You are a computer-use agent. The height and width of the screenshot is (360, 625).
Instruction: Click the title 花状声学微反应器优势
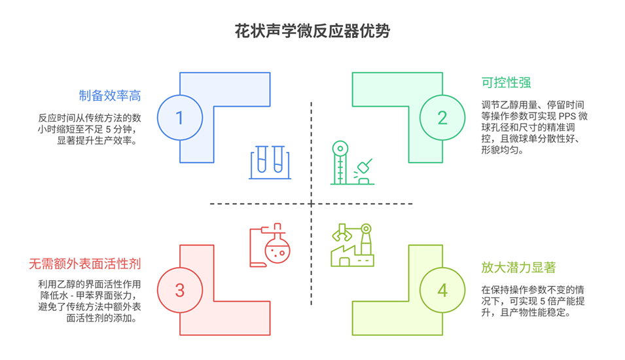[x=312, y=31]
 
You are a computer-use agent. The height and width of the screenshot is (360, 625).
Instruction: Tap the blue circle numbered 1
[x=180, y=117]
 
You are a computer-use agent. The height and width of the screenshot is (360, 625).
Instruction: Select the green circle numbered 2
[x=442, y=117]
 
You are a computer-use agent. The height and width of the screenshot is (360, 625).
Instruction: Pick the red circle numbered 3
[x=180, y=290]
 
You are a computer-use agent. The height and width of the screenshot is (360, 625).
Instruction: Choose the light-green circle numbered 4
[x=442, y=290]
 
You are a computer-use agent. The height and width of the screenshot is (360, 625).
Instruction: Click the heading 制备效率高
[x=110, y=96]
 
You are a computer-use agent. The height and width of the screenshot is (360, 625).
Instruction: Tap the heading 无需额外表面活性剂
[x=85, y=264]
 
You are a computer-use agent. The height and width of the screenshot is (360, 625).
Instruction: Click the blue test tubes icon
[x=268, y=162]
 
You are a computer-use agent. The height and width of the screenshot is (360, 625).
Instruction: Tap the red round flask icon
[x=270, y=245]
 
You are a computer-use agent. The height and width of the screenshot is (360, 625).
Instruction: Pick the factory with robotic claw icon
[x=352, y=245]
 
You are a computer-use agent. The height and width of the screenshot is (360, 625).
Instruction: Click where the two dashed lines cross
[x=312, y=204]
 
